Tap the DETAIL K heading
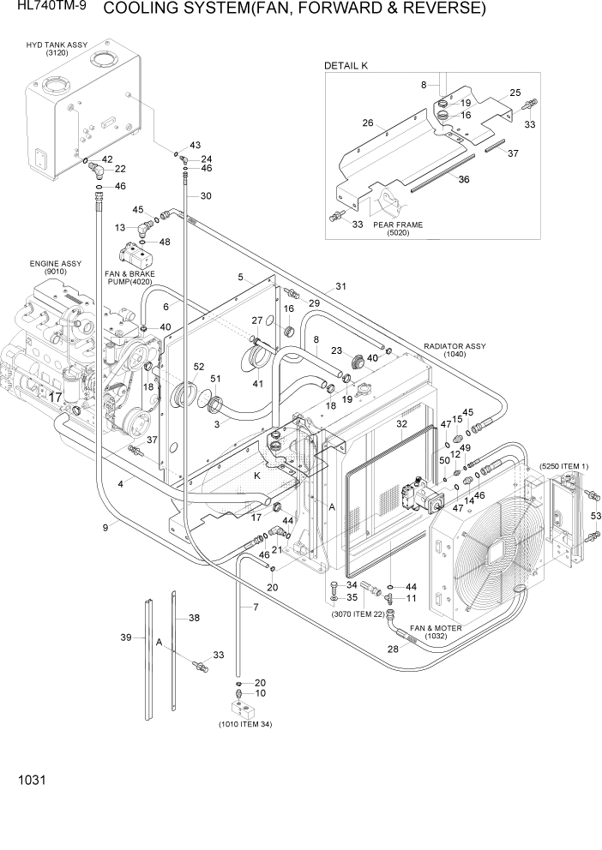point(346,66)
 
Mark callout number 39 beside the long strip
point(126,637)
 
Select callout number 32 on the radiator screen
point(401,424)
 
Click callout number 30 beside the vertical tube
point(205,196)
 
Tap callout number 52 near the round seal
point(199,366)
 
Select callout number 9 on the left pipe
point(105,528)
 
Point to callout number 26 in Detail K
point(368,123)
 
